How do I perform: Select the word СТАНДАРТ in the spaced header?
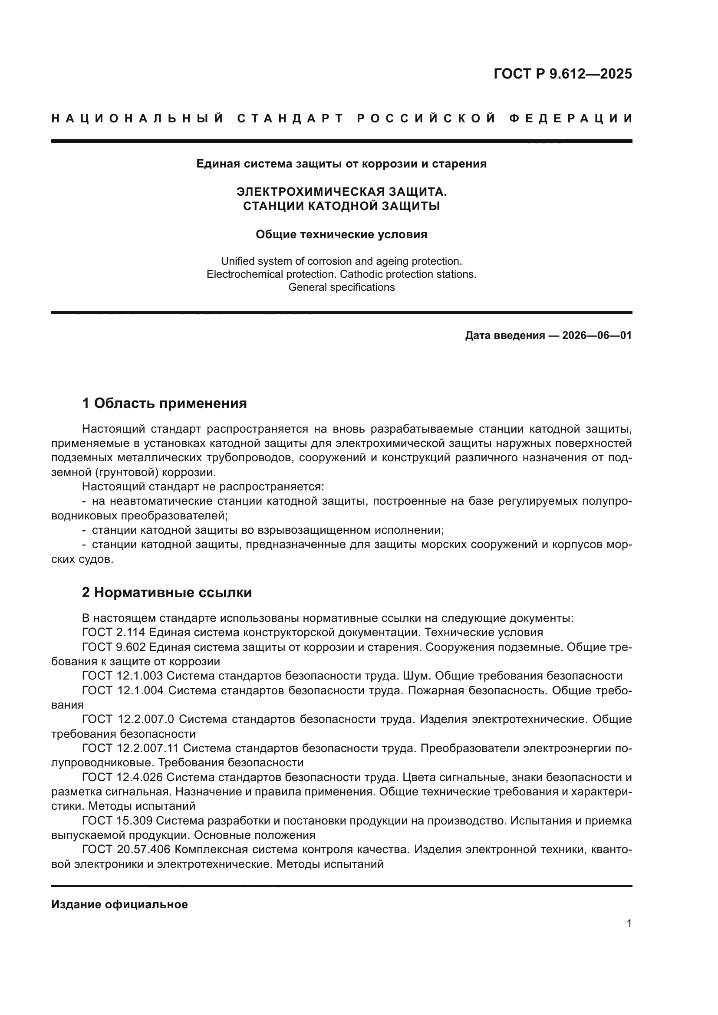coord(290,118)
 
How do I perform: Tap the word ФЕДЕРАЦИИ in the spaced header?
coord(571,118)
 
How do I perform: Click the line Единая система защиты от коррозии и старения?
coord(341,164)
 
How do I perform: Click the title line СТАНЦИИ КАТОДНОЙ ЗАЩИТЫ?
coord(341,206)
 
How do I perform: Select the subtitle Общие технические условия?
coord(341,235)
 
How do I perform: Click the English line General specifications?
coord(341,287)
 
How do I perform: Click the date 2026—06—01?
coord(597,335)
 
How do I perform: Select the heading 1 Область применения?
coord(164,403)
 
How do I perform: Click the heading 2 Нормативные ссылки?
coord(167,592)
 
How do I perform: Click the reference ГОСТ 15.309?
coord(117,821)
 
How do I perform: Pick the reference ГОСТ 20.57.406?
coord(126,850)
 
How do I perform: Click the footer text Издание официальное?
coord(119,904)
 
